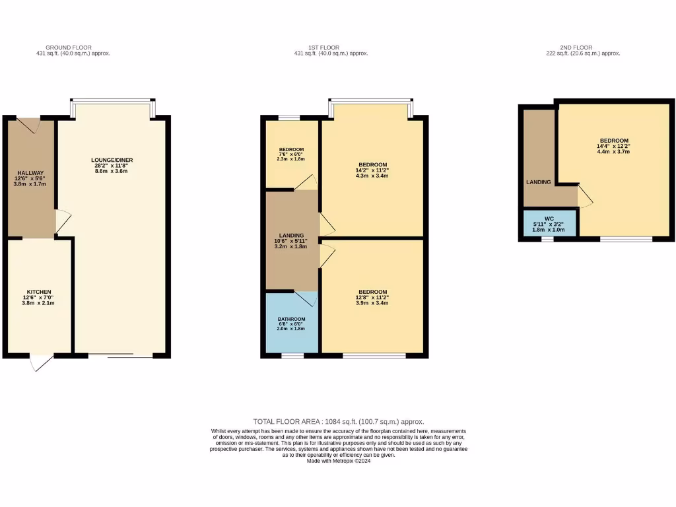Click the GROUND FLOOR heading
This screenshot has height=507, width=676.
(73, 48)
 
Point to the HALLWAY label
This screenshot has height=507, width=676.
(30, 173)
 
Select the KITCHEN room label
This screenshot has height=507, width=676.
(39, 292)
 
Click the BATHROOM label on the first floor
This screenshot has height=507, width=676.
(291, 319)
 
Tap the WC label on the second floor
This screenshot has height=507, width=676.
(549, 219)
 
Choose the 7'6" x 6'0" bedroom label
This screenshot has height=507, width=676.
(291, 149)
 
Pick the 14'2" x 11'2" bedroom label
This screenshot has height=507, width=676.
(372, 164)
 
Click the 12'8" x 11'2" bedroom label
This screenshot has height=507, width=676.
(372, 292)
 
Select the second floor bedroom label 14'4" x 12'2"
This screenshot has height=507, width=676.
(613, 141)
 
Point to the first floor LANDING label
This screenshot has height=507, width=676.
(291, 236)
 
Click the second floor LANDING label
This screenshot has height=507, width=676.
(539, 182)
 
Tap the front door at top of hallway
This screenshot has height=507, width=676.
(30, 124)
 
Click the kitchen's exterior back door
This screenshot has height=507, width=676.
(41, 362)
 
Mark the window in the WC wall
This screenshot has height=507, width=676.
(547, 239)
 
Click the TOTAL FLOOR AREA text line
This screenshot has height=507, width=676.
(338, 421)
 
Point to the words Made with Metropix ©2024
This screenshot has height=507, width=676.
(338, 461)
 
